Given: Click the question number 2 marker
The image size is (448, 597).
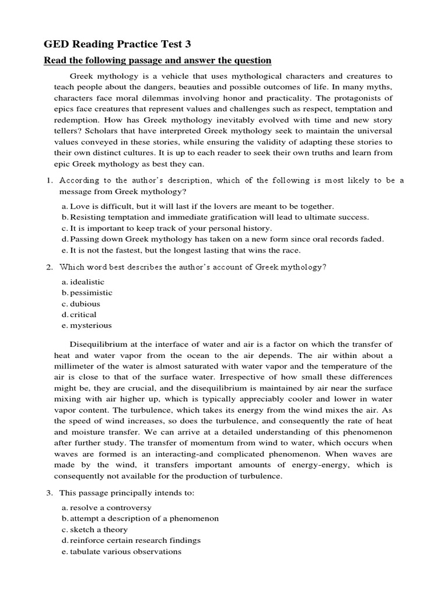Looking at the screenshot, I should [50, 266].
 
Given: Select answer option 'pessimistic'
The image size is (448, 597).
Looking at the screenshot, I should [90, 293].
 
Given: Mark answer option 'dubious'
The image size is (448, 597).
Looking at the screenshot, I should [85, 304].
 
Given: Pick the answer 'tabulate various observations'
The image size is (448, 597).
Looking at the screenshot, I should [125, 552].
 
